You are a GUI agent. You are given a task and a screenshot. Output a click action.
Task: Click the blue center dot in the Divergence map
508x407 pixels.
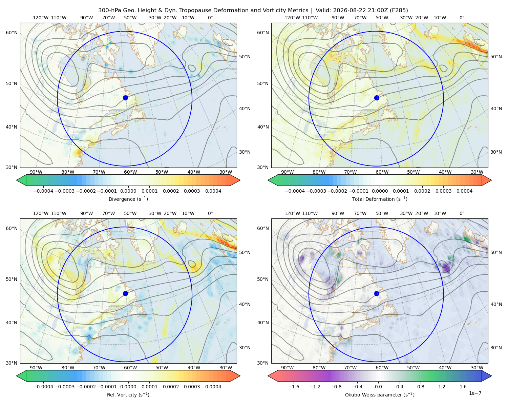click(125, 98)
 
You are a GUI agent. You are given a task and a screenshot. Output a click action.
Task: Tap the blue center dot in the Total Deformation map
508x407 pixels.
click(377, 98)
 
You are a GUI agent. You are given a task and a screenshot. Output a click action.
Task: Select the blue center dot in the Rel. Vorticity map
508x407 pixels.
click(125, 293)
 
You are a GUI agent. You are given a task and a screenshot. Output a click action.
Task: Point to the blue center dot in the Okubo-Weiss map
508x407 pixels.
click(377, 293)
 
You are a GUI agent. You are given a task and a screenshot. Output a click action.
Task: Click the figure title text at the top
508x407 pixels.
click(253, 11)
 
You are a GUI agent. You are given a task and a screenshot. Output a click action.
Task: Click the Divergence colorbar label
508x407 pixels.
click(128, 199)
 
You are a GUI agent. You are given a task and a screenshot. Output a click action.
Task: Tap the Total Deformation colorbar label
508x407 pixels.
click(380, 199)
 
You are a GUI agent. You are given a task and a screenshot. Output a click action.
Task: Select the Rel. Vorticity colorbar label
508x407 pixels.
click(128, 395)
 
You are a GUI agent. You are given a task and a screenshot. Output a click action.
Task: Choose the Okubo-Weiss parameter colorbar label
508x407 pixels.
click(380, 395)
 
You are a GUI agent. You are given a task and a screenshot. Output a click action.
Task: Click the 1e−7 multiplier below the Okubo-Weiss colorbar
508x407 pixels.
click(475, 393)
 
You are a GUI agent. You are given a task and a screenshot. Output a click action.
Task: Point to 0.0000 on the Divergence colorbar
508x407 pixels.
click(128, 191)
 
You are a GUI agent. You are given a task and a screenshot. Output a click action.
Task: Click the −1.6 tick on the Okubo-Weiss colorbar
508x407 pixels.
click(294, 387)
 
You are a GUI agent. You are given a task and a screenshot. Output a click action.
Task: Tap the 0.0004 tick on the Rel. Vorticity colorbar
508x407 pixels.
click(213, 387)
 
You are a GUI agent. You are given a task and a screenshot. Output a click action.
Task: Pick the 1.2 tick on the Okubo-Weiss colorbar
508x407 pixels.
click(442, 387)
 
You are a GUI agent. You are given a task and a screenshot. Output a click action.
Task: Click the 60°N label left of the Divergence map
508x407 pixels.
click(12, 33)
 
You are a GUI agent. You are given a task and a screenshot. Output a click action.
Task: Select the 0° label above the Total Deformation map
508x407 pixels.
click(462, 18)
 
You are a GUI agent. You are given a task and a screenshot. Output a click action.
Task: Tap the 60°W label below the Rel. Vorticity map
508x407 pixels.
click(130, 368)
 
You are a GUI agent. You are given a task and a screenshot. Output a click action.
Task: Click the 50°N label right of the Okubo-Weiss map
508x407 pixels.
click(496, 252)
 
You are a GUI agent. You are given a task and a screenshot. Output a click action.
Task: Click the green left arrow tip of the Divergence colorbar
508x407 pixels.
click(17, 180)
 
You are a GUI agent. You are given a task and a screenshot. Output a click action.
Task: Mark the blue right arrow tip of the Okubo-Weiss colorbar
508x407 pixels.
click(491, 376)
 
